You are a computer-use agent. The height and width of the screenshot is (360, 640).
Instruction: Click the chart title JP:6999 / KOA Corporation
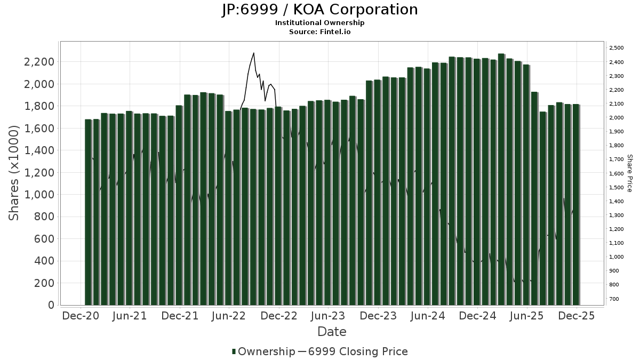click(x=320, y=10)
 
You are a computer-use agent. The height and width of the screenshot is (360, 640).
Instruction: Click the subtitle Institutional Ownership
click(x=320, y=23)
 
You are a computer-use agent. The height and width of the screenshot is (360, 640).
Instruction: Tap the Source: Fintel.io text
click(x=320, y=32)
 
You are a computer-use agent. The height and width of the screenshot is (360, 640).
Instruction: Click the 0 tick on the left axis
click(x=51, y=305)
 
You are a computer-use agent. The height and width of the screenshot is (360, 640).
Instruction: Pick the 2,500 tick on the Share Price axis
click(x=616, y=48)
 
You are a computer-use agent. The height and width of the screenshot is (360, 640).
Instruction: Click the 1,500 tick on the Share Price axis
click(x=616, y=187)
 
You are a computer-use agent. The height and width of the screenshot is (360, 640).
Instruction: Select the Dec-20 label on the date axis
click(x=81, y=316)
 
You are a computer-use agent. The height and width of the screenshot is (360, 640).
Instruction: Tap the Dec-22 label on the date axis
click(x=279, y=316)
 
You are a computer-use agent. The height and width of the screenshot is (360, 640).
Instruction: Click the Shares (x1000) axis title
click(x=14, y=172)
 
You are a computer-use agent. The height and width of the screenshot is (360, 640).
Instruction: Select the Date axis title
click(x=332, y=332)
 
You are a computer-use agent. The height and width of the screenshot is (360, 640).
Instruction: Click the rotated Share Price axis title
click(x=629, y=173)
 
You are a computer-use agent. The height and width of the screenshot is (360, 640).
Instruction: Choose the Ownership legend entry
click(x=263, y=351)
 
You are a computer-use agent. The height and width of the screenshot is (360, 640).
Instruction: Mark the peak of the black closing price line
click(x=253, y=53)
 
